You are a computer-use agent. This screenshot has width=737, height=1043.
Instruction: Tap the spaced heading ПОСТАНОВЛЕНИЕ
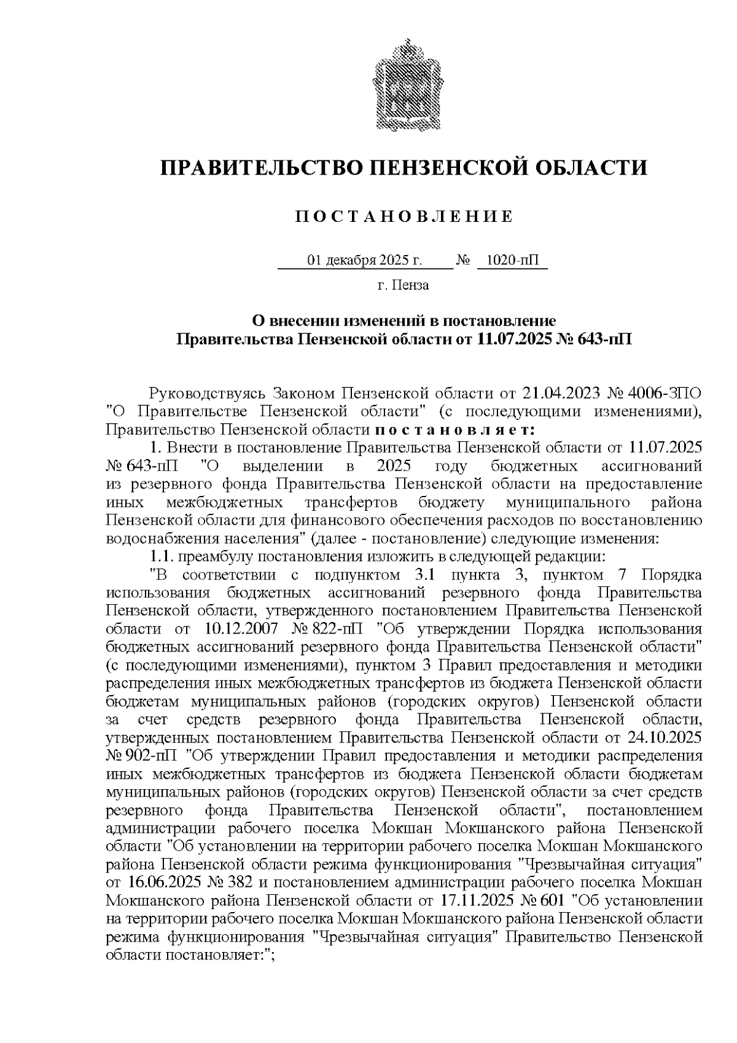pyautogui.click(x=404, y=216)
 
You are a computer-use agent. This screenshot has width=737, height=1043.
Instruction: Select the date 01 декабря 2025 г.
pyautogui.click(x=365, y=261)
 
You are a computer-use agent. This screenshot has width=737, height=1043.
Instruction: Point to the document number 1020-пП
pyautogui.click(x=511, y=261)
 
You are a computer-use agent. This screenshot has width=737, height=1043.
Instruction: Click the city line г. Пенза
pyautogui.click(x=403, y=285)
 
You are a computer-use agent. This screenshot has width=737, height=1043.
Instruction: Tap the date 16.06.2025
pyautogui.click(x=167, y=883)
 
